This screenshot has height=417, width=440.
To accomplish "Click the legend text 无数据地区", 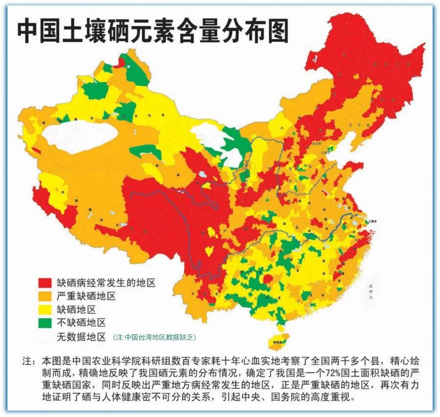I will click(x=81, y=337).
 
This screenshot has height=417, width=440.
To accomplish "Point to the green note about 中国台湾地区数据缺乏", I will click(x=154, y=338).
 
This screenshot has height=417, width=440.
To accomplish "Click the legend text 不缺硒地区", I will click(x=81, y=323).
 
